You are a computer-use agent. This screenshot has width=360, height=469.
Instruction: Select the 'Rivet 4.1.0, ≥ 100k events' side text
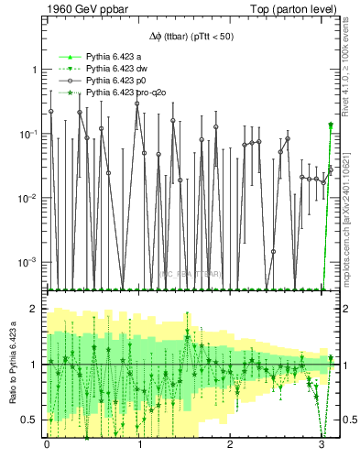(352, 72)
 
